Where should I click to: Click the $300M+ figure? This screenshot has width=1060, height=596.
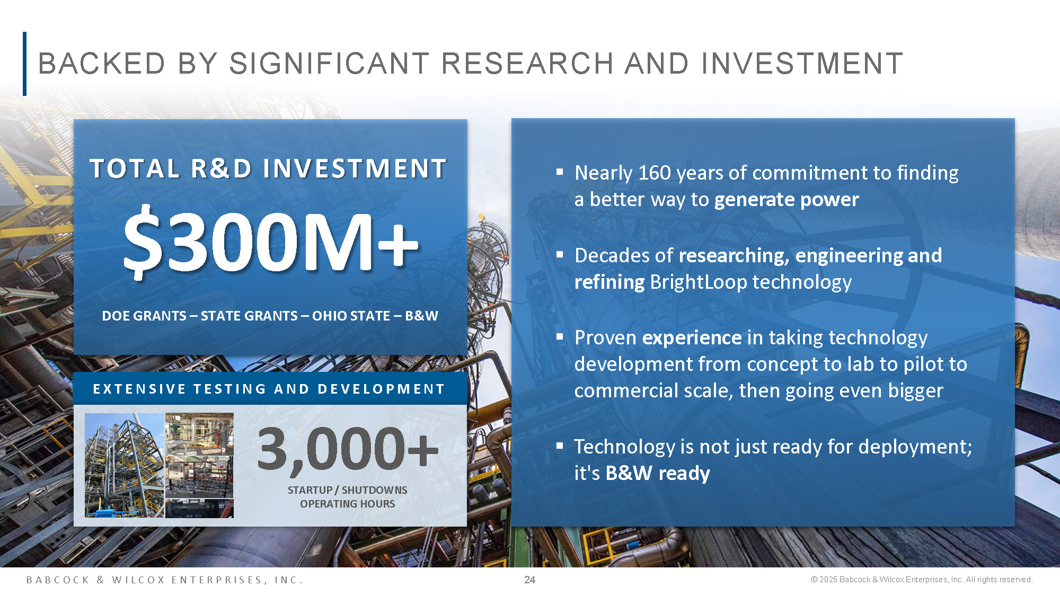[271, 242]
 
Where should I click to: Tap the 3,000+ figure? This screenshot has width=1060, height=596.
[348, 449]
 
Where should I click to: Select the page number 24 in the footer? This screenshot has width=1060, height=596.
[529, 580]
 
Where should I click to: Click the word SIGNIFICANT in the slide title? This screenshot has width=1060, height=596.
[329, 64]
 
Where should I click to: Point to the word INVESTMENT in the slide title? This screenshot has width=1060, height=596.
[802, 64]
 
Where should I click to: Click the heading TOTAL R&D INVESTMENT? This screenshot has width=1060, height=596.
[268, 168]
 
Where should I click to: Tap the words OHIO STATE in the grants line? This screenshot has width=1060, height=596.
[351, 316]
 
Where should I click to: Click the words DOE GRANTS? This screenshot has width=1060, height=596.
[144, 316]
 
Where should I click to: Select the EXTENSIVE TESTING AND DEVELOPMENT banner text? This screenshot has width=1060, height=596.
[269, 389]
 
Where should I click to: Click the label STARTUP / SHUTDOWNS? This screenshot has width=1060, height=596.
[348, 490]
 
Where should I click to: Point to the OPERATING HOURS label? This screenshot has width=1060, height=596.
[348, 504]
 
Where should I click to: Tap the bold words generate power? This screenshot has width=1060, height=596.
[787, 200]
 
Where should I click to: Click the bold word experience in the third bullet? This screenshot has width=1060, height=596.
[692, 337]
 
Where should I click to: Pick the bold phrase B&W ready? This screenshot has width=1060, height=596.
[658, 473]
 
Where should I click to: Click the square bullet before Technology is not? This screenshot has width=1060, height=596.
[560, 446]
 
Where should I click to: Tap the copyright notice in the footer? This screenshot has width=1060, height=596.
[922, 580]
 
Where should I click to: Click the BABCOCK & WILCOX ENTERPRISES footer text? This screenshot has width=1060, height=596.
[164, 580]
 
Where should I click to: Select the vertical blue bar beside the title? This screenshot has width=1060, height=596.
[24, 64]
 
